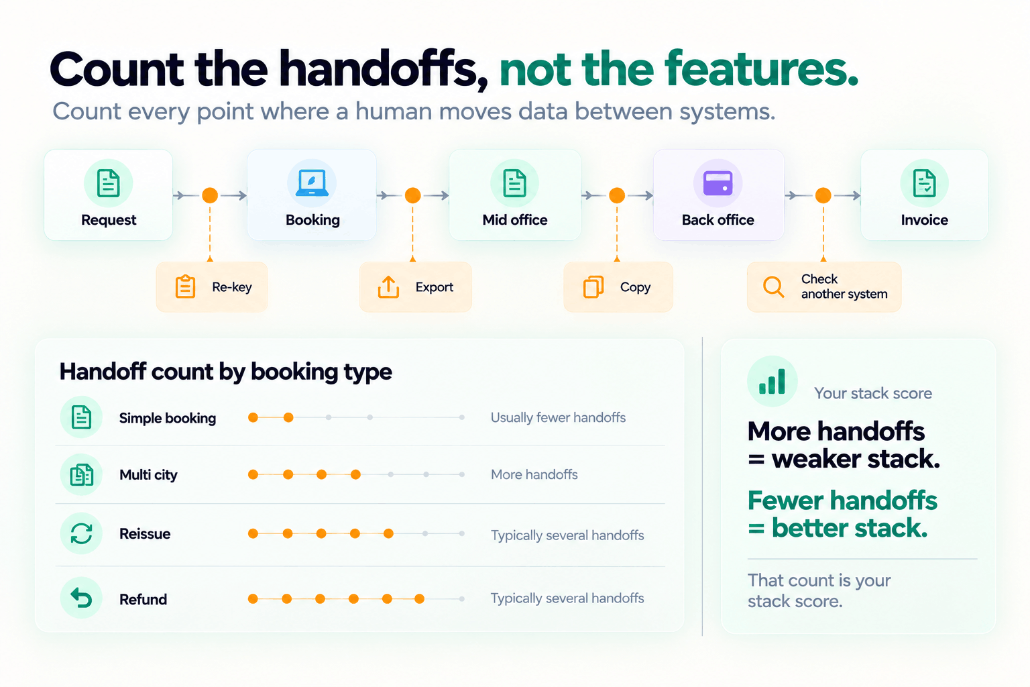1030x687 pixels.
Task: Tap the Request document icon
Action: click(109, 182)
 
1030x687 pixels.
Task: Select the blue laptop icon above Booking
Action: click(312, 182)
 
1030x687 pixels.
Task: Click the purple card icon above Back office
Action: click(718, 183)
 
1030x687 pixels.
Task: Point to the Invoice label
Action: click(924, 220)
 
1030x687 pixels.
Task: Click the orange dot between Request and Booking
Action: click(210, 195)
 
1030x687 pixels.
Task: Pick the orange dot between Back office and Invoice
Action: click(823, 195)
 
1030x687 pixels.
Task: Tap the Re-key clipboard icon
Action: click(185, 286)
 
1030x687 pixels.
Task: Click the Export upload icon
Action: click(388, 286)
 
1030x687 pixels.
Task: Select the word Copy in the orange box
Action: click(635, 287)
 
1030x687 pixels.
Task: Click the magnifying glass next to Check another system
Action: click(773, 286)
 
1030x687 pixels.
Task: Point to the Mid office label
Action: click(514, 220)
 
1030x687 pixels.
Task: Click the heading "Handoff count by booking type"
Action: click(226, 372)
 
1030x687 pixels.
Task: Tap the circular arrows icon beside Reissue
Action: click(81, 533)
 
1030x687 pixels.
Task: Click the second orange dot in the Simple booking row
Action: click(288, 417)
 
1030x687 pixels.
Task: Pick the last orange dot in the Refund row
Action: click(419, 598)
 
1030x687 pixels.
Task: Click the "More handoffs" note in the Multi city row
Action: click(534, 474)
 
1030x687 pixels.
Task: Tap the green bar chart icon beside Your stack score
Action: click(772, 382)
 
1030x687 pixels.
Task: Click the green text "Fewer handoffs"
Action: click(842, 500)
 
